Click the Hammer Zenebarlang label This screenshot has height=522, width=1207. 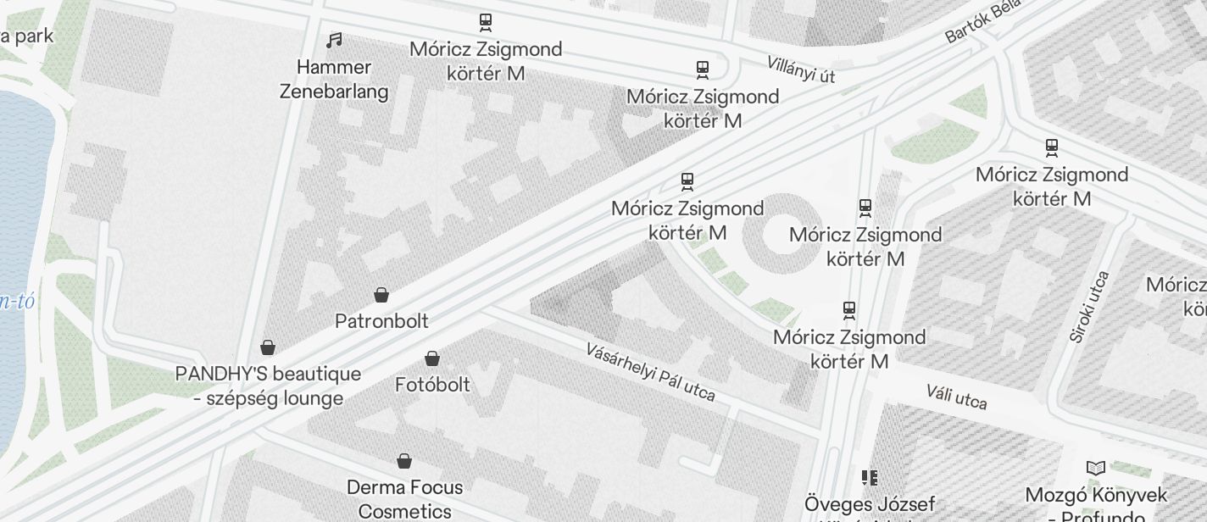point(334,80)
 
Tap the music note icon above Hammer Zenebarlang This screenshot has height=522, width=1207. point(335,40)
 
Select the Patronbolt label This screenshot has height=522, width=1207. point(381,321)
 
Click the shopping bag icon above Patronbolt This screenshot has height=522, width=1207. point(381,295)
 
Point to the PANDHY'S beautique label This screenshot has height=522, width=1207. point(268,386)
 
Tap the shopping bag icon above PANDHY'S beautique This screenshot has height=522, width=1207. point(268,347)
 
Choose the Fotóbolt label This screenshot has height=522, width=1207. point(432,385)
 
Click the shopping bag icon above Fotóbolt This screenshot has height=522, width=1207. point(432,358)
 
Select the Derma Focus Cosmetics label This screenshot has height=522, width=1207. point(405,499)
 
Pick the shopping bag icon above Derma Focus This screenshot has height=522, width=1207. point(404,461)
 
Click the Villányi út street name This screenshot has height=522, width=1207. point(801,69)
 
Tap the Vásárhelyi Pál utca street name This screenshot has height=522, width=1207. point(650,372)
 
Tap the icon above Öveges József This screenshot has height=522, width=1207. point(869,478)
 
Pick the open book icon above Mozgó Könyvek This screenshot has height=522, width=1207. point(1096,468)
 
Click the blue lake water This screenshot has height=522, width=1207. point(21,212)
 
